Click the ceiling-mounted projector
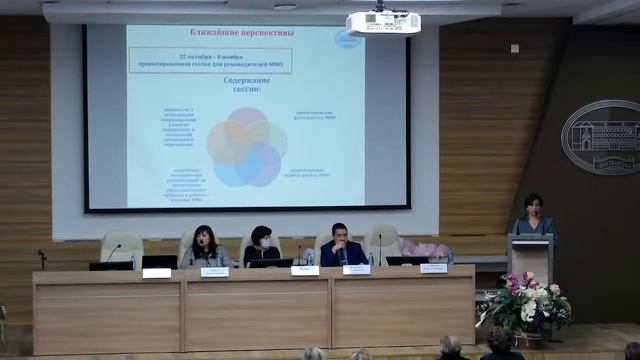[382, 21]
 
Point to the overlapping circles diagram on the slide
[246, 146]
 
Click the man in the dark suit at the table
[341, 247]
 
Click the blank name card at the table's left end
[156, 272]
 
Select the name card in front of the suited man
[356, 269]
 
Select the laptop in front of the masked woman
[269, 263]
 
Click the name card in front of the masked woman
[304, 270]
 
